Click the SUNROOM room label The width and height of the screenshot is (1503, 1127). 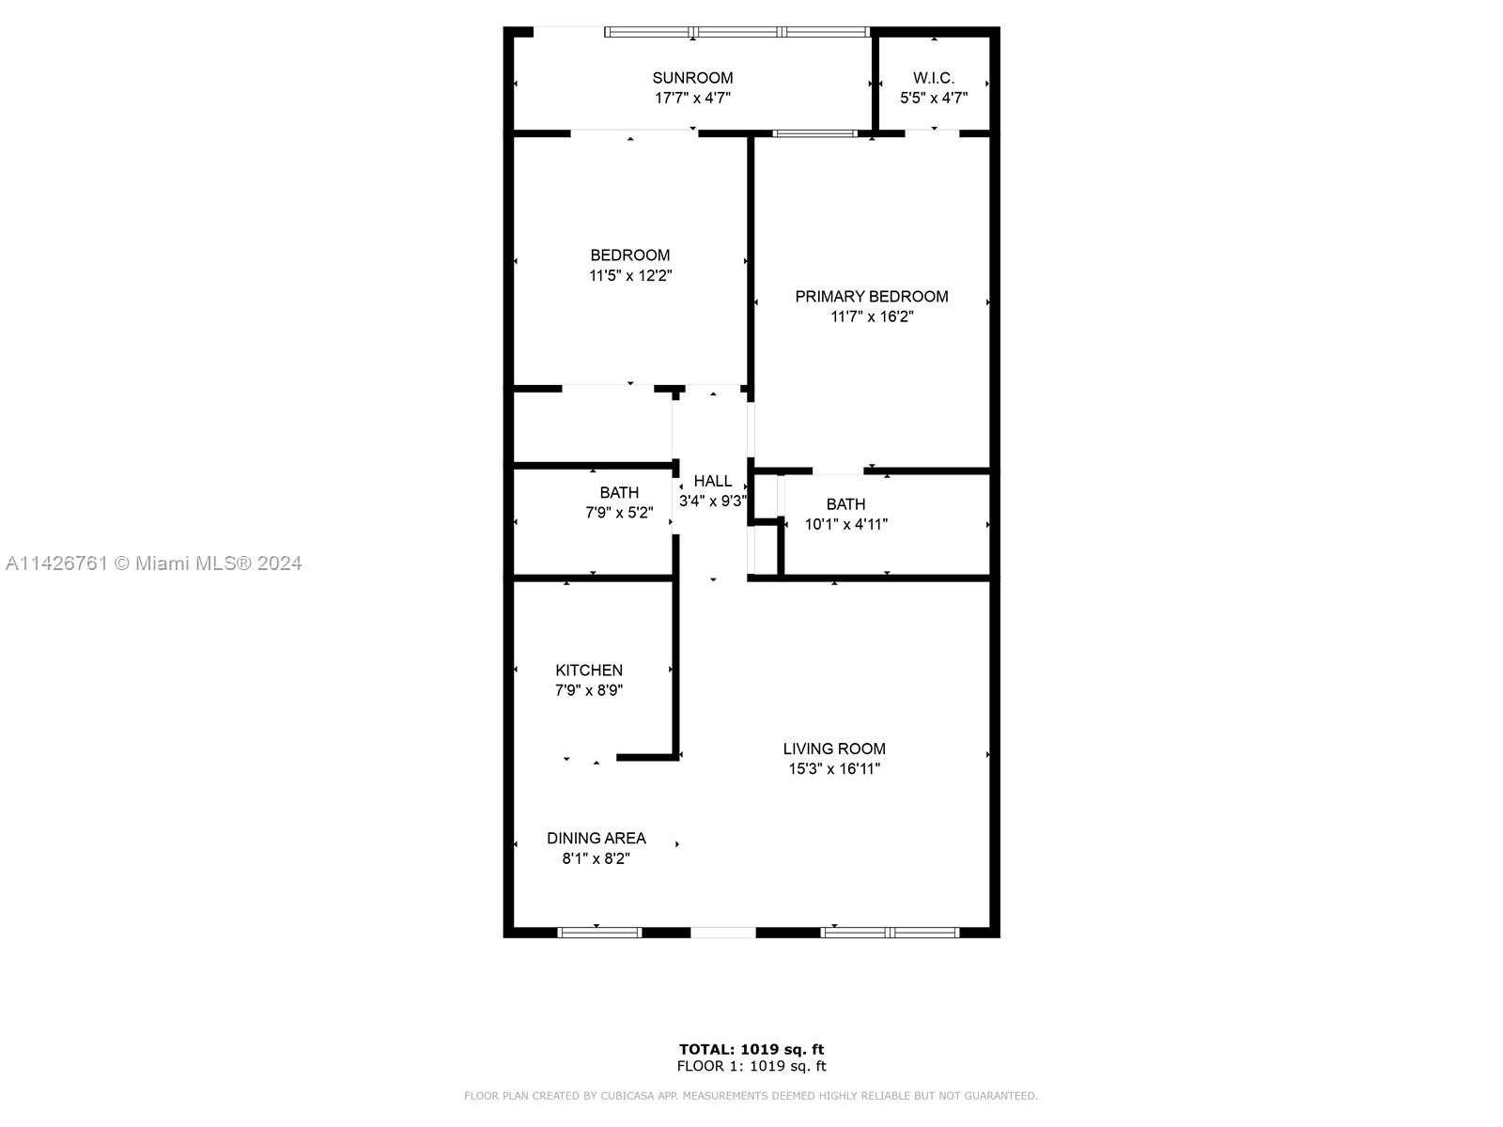692,78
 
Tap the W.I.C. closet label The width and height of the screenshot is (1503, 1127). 934,78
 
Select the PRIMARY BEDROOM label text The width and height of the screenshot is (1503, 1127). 871,296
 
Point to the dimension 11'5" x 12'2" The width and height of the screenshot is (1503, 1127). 630,276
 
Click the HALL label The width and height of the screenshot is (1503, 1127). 713,481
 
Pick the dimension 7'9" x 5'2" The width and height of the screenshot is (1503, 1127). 619,513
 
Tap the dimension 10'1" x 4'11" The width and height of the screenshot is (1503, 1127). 845,524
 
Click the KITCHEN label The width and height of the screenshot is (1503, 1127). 589,670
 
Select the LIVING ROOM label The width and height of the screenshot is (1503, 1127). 834,749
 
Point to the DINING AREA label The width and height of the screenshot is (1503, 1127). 596,839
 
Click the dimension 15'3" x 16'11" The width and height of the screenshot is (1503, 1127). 834,768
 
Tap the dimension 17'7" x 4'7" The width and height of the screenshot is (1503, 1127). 692,98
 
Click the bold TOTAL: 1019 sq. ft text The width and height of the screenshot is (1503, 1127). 751,1049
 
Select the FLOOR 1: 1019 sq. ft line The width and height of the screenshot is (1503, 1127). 751,1066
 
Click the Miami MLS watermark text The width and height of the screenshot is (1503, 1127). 153,563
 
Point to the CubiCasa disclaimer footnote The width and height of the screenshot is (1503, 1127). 751,1095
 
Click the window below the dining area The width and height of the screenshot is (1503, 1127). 599,933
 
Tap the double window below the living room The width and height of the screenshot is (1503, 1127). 890,933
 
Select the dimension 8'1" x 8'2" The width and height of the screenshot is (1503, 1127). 596,858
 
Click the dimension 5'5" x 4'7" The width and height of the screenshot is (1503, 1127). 934,98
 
